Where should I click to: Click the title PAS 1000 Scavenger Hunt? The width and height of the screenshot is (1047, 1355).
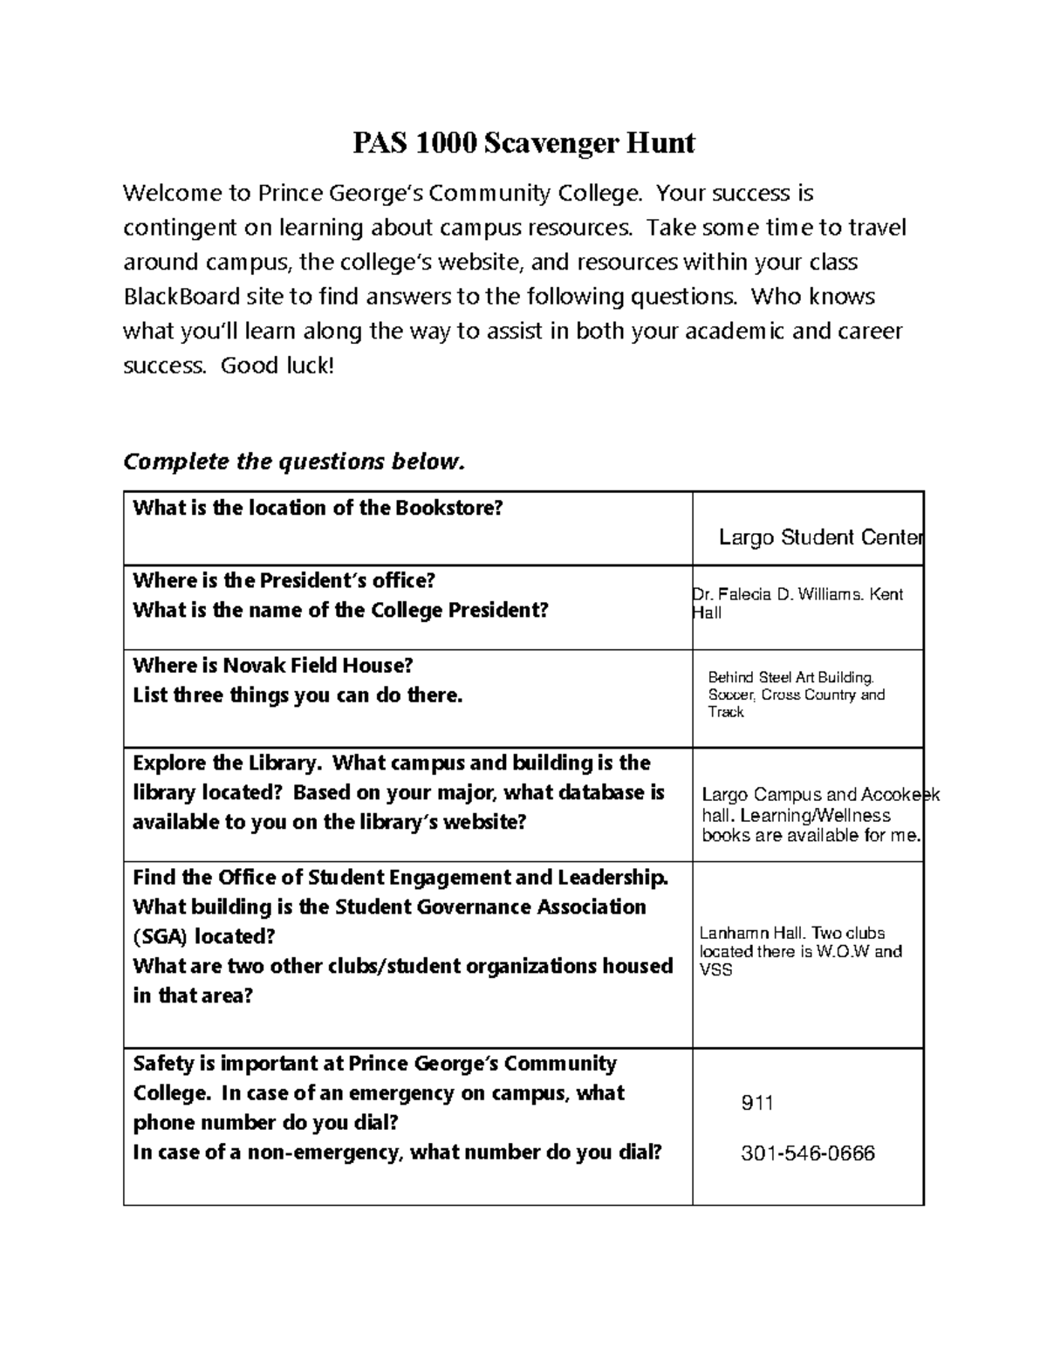click(523, 142)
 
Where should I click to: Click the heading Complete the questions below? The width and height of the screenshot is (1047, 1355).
click(295, 462)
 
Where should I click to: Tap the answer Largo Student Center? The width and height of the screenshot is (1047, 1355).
click(820, 537)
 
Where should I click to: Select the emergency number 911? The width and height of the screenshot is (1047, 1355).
click(757, 1103)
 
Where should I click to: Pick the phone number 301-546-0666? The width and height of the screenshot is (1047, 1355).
click(807, 1153)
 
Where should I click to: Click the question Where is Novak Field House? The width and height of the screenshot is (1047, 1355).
click(272, 666)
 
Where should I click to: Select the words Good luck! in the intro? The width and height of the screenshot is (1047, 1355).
click(277, 366)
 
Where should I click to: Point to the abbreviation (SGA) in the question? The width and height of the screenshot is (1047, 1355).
click(160, 937)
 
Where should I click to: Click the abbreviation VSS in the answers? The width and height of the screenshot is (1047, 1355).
click(715, 970)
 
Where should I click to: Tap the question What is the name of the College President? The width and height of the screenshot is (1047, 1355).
click(340, 610)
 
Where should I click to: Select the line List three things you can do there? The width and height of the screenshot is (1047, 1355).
click(298, 695)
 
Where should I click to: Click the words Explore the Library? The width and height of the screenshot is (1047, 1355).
click(228, 763)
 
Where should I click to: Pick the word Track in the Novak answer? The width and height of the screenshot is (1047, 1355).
click(726, 712)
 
